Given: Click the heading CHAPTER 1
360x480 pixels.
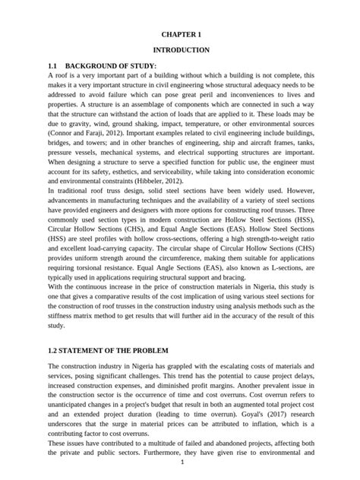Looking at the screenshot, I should click(x=181, y=34).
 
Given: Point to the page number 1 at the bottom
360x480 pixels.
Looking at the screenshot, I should click(x=181, y=461).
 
